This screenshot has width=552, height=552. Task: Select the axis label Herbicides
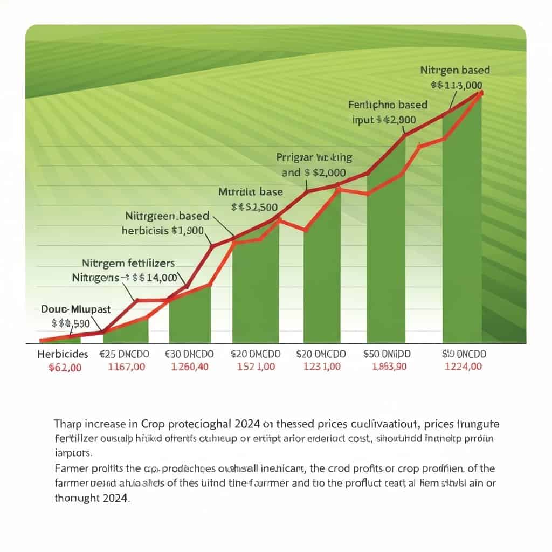click(x=63, y=354)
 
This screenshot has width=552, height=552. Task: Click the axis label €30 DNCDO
click(x=189, y=354)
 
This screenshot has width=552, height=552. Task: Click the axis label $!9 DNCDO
click(x=464, y=354)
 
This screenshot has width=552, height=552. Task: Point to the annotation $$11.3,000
click(x=457, y=85)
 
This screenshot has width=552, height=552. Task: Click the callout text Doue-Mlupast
click(x=75, y=309)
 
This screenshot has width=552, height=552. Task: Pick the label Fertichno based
click(x=388, y=105)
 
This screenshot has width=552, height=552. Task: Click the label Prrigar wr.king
click(x=314, y=158)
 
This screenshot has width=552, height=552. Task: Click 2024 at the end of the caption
click(x=114, y=499)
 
